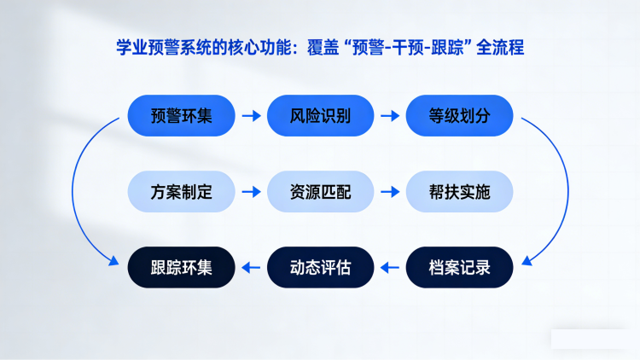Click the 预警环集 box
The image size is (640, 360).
pos(181,116)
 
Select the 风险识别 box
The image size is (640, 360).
pos(320,116)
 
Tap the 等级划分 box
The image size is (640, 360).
pos(459,116)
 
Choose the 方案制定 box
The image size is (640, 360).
pos(181,192)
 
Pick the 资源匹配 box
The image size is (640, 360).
pos(320,192)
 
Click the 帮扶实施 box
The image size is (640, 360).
pos(459,192)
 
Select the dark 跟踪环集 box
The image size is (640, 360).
pos(181,268)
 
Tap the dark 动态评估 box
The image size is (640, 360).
pos(320,268)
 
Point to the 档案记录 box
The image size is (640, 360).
pos(459,268)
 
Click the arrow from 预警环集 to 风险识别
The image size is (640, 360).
pos(251,116)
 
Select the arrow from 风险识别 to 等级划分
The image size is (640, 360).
pos(390,116)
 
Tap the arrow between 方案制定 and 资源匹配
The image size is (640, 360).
pos(251,192)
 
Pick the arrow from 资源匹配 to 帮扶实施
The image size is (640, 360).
pos(390,192)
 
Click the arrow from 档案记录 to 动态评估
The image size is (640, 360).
pos(390,268)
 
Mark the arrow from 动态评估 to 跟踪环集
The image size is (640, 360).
pos(251,268)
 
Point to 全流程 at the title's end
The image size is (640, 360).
pos(501,47)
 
